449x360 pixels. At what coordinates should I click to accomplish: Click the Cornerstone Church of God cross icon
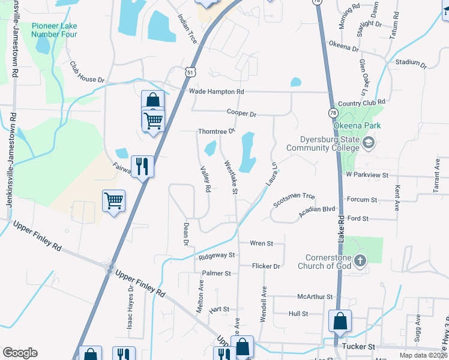360,260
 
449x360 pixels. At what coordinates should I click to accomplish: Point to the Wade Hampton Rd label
217,91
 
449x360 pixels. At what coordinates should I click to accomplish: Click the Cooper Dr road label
241,113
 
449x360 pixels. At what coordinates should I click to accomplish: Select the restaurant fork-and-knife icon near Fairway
142,166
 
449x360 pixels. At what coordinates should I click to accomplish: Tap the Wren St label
261,244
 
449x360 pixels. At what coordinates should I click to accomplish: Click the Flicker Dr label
267,266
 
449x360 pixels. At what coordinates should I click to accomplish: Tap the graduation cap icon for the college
368,142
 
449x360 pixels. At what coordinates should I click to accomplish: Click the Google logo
20,353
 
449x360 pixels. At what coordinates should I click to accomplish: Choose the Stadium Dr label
411,62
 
